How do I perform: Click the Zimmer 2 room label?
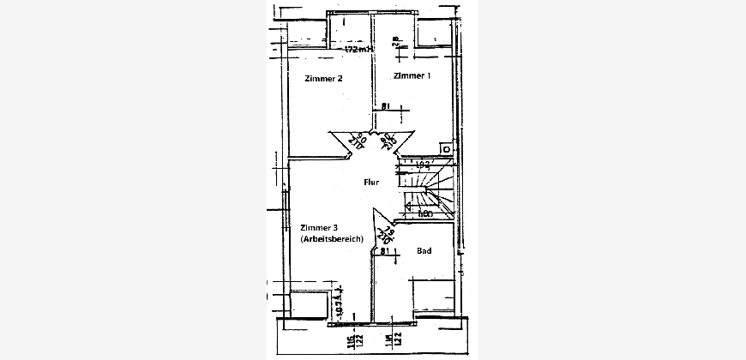(324, 79)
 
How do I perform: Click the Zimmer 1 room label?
(412, 76)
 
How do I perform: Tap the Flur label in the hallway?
(371, 182)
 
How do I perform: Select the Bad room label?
(424, 251)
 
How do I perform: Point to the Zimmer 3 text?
(319, 227)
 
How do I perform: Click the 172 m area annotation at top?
(359, 50)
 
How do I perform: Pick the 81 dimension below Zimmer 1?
(386, 105)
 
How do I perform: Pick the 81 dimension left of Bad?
(386, 251)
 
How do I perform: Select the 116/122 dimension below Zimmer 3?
(353, 344)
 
